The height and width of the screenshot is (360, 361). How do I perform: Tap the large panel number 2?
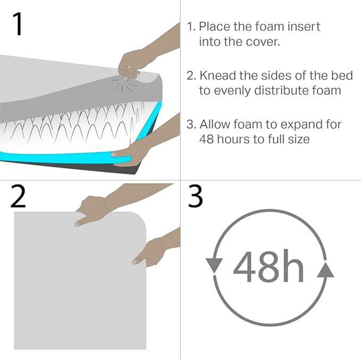tap(18, 196)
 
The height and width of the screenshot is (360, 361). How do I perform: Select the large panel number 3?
tap(195, 196)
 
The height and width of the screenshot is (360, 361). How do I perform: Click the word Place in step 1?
tap(214, 27)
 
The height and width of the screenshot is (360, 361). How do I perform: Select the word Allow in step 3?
tap(215, 124)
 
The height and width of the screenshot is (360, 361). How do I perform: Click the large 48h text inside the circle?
tap(268, 266)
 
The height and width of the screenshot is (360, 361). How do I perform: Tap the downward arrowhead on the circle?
tap(214, 265)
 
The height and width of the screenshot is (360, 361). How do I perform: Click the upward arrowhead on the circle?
tap(325, 270)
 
